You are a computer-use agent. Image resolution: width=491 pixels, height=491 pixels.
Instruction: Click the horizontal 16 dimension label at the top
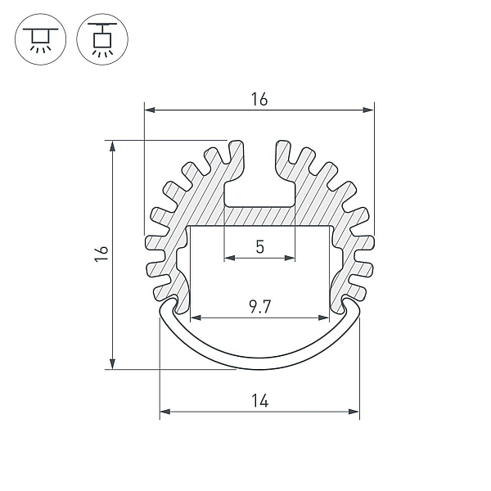tap(259, 99)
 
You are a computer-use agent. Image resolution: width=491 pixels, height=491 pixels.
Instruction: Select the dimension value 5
tap(260, 247)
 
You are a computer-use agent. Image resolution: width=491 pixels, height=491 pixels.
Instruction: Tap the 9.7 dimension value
tap(259, 307)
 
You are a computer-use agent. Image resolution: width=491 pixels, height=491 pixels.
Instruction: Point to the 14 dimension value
tap(259, 401)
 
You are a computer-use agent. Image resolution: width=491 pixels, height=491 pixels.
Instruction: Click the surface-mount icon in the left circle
tap(40, 39)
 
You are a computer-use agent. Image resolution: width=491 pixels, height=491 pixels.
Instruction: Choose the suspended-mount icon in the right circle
tap(102, 39)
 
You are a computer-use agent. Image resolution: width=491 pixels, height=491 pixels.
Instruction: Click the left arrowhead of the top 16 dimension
tap(150, 110)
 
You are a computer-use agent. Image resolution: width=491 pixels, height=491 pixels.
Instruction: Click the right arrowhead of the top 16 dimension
tap(368, 110)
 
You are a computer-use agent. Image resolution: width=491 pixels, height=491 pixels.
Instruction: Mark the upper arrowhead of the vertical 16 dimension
tap(112, 146)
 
